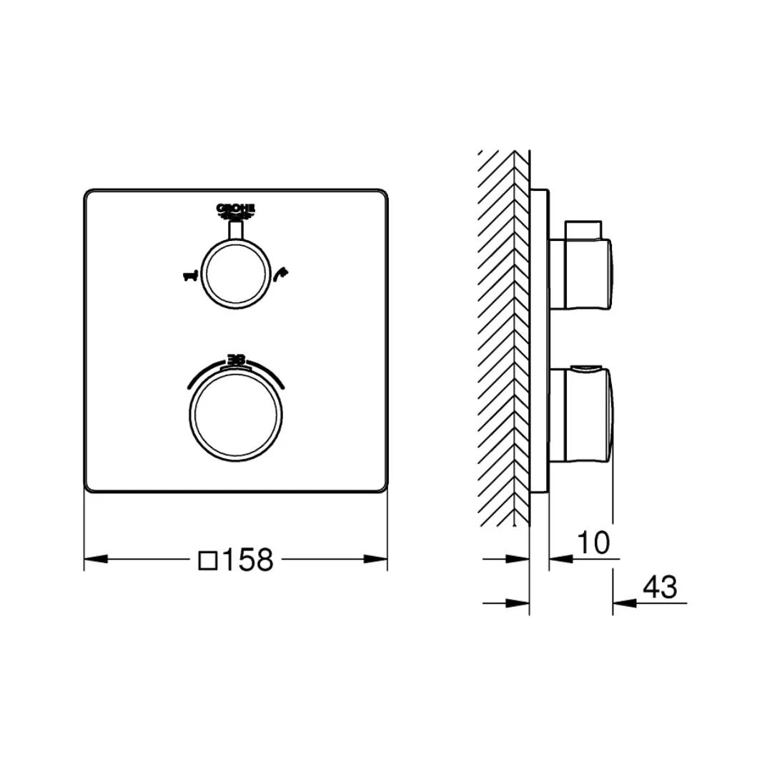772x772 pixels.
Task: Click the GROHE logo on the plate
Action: (x=235, y=209)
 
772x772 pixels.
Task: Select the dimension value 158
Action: (x=247, y=560)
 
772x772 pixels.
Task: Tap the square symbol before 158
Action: (x=207, y=559)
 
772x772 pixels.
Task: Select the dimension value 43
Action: (x=659, y=587)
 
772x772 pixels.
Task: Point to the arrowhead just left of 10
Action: (x=560, y=559)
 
